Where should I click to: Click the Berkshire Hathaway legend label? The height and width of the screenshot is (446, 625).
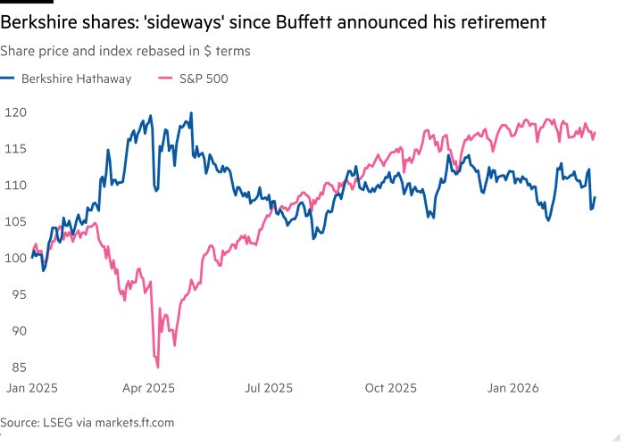[x=75, y=79]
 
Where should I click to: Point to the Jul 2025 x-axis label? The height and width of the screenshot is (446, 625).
[x=269, y=388]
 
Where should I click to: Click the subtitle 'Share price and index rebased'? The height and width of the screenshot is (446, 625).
[x=124, y=52]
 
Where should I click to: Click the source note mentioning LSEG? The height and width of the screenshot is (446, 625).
[x=87, y=421]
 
